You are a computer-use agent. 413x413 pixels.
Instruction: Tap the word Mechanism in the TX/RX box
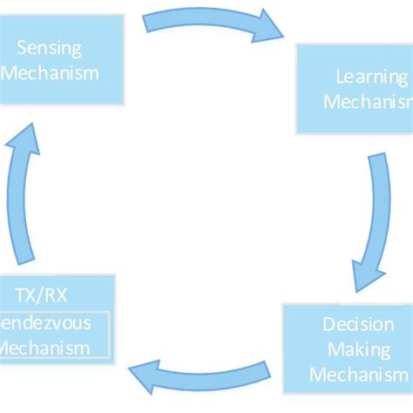coord(45,349)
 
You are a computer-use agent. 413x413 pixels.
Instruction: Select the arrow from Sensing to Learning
coord(209,24)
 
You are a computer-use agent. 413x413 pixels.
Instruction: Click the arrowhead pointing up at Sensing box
coord(27,139)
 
